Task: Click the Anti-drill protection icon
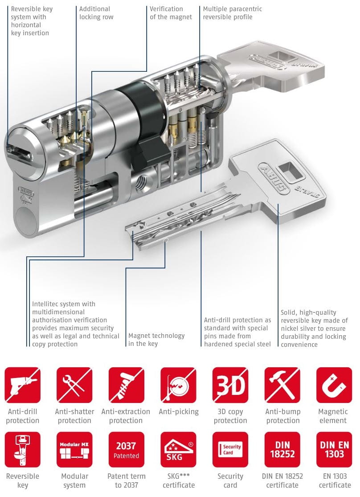(x=22, y=385)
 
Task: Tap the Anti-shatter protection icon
(x=74, y=385)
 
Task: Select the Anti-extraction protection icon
(x=127, y=385)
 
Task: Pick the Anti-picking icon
(x=178, y=385)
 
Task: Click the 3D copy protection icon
(x=230, y=385)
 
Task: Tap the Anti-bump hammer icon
(x=282, y=385)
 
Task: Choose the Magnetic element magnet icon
(x=334, y=385)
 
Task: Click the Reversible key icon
(x=22, y=449)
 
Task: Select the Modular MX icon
(x=74, y=449)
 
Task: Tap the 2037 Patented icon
(x=127, y=449)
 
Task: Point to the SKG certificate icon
(x=178, y=449)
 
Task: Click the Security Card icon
(x=230, y=449)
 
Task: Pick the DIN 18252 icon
(x=282, y=449)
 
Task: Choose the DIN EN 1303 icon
(x=334, y=449)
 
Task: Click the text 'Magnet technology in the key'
(x=156, y=340)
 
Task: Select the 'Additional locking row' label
(x=96, y=13)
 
